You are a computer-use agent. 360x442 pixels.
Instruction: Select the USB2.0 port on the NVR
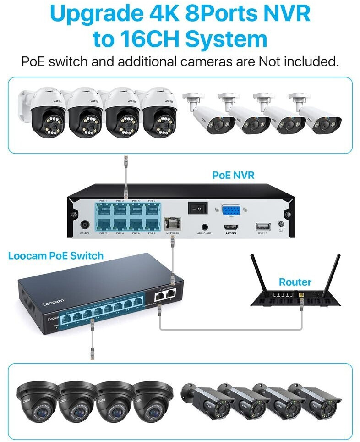(263, 227)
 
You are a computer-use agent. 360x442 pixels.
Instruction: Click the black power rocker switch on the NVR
(197, 208)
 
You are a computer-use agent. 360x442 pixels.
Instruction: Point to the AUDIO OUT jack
(204, 226)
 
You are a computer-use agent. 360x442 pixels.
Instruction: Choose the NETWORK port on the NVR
(172, 224)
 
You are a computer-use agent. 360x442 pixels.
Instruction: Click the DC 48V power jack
(84, 226)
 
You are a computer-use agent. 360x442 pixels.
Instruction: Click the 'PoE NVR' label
(233, 175)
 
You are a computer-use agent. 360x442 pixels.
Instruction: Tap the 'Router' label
(295, 282)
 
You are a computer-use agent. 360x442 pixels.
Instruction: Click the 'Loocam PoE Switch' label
(56, 255)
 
